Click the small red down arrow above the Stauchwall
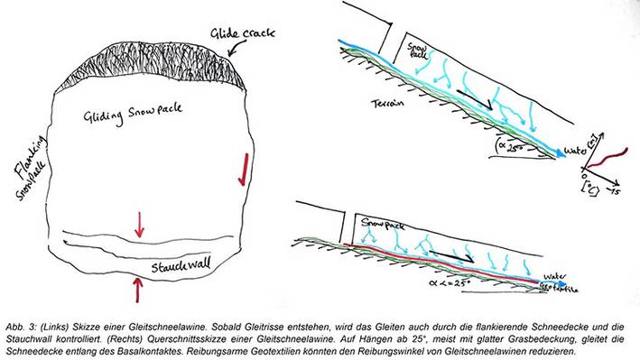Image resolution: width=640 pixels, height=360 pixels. point(138,222)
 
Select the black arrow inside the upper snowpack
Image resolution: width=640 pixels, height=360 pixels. point(473,101)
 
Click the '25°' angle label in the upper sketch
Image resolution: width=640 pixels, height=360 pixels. point(511,143)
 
